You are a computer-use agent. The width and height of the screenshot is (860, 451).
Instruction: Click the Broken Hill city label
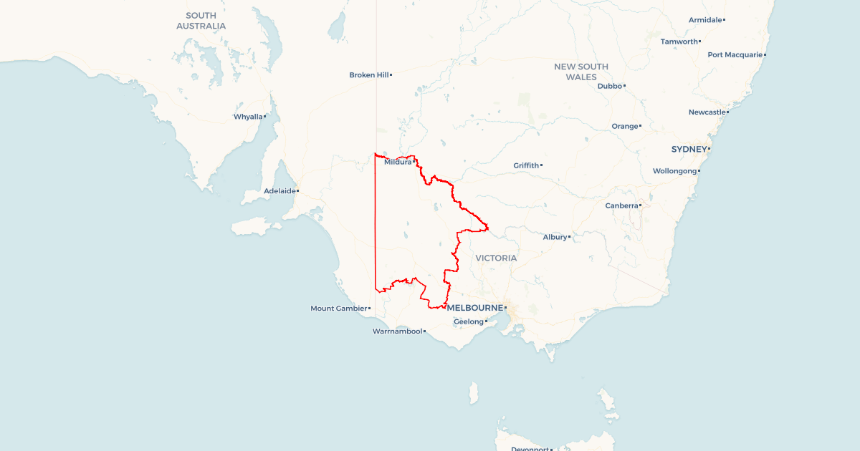coord(368,74)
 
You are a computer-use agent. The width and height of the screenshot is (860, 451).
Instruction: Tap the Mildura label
coord(398,162)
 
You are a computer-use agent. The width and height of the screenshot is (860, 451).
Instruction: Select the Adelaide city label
coord(279,191)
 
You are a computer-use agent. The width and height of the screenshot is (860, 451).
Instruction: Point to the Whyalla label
coord(248,117)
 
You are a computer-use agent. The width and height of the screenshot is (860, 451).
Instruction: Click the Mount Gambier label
coord(338,309)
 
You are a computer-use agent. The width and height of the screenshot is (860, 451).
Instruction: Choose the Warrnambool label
coord(397,331)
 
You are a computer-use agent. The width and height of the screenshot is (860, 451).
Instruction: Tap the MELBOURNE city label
coord(474,308)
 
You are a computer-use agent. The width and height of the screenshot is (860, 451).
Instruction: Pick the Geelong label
coord(469,321)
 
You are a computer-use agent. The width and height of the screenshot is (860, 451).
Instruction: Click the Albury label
coord(554,237)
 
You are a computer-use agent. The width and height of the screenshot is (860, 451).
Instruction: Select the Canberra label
coord(621,205)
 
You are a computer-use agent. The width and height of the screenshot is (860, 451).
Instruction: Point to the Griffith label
coord(525,165)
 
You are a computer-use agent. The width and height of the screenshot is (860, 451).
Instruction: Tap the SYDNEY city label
coord(689,149)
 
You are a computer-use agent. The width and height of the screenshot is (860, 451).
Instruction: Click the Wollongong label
coord(674,171)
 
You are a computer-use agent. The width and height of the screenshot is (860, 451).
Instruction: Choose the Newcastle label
coord(707,112)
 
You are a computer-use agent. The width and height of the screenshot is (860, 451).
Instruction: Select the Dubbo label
coord(609,86)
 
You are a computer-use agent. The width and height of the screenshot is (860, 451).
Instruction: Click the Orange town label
coord(624,126)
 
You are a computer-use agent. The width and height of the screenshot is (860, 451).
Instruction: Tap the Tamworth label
coord(679,42)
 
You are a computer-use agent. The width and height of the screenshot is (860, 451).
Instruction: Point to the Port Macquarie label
coord(735,54)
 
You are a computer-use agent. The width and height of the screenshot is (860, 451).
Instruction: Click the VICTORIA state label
coord(496,258)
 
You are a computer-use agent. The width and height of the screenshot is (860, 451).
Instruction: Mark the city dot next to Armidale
coord(724,20)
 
